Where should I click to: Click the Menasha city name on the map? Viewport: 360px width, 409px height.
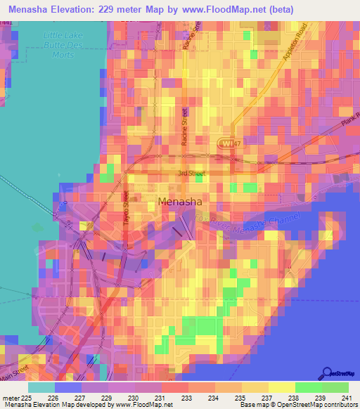coord(180,202)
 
